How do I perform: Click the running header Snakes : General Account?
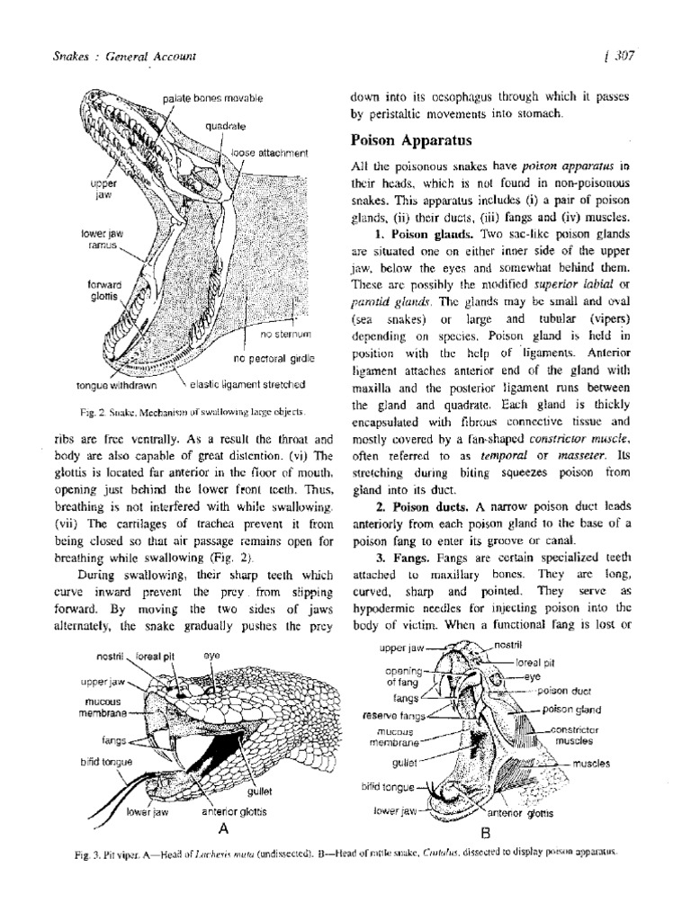click(125, 58)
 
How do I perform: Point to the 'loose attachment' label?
click(269, 153)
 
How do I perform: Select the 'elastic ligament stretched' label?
click(248, 385)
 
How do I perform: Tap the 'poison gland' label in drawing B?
click(570, 709)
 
